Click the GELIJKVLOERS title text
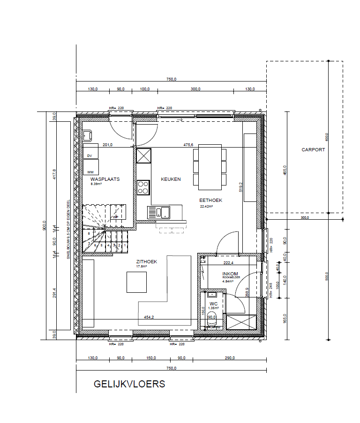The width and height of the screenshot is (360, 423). (x=129, y=384)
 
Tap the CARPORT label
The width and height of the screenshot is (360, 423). (x=313, y=150)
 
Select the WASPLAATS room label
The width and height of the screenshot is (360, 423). (x=105, y=179)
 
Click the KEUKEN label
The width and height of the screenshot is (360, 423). (x=171, y=179)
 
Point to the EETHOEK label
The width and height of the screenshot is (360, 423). (x=210, y=200)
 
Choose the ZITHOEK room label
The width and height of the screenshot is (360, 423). (x=146, y=262)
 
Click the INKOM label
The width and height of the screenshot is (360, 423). (x=230, y=274)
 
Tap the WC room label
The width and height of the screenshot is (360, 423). (x=214, y=304)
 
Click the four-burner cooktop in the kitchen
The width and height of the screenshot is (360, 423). (x=143, y=187)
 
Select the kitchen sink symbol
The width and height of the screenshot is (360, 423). (x=159, y=213)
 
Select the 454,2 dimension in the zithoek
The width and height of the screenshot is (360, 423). (x=150, y=317)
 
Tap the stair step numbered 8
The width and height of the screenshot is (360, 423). (x=89, y=233)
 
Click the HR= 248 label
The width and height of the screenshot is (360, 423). (x=271, y=290)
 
